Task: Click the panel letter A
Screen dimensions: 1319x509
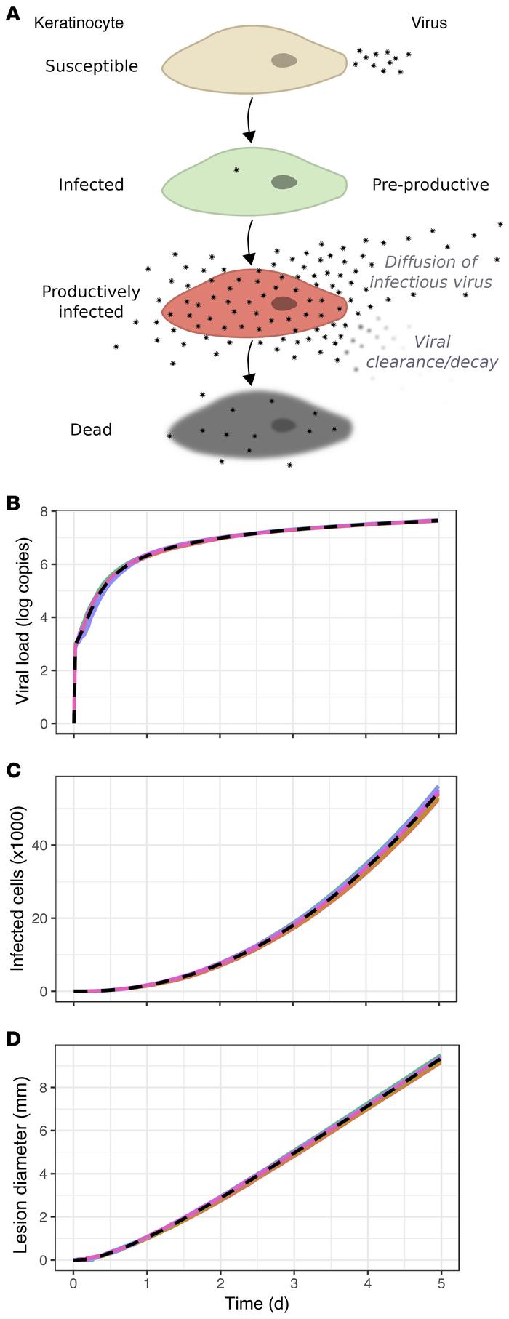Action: click(12, 14)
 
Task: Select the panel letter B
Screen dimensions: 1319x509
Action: click(12, 502)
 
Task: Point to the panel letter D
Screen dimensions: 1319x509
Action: click(12, 1039)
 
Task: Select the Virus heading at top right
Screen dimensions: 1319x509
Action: click(429, 23)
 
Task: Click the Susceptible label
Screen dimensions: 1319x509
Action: click(92, 66)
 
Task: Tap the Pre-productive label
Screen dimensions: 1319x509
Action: click(430, 185)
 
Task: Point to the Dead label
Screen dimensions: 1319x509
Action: click(91, 430)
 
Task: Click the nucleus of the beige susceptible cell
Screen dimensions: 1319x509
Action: click(284, 61)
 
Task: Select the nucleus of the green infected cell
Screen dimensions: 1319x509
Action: click(284, 183)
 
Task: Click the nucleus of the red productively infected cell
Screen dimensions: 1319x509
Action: click(284, 303)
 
